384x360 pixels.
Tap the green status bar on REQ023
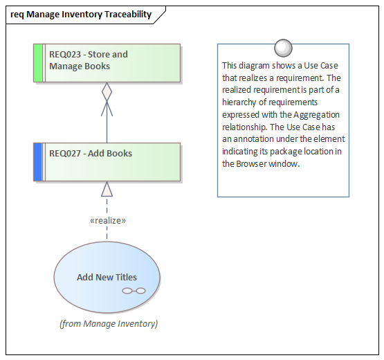[38, 63]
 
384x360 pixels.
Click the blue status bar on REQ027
[38, 162]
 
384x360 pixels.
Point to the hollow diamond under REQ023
[107, 91]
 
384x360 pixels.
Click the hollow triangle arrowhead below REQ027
[107, 189]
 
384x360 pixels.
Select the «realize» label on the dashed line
[107, 220]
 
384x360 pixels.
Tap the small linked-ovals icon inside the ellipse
[134, 291]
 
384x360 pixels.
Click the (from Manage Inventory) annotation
[108, 323]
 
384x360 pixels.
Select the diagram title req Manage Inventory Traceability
[81, 15]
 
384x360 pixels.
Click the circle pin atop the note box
[282, 47]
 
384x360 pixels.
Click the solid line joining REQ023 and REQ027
[107, 128]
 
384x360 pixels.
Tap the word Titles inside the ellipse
[126, 277]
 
